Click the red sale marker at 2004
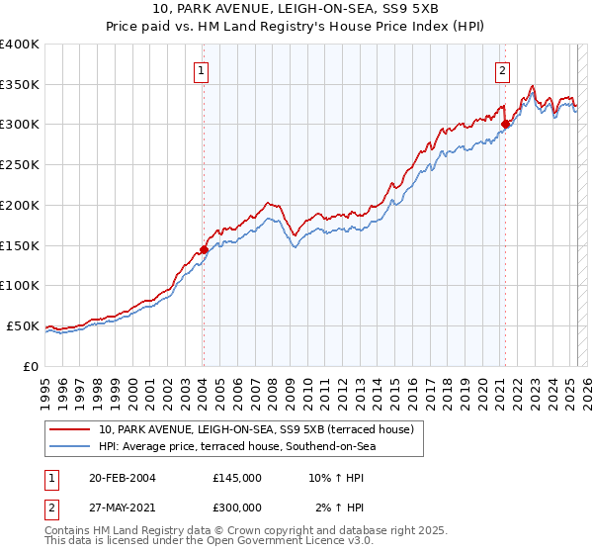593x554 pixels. tap(204, 249)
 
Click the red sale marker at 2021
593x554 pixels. tap(505, 124)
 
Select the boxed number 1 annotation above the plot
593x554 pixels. tap(202, 70)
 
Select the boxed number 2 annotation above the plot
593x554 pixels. tap(503, 70)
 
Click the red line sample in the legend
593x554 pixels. tap(70, 429)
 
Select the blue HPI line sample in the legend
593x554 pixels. tap(70, 446)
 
